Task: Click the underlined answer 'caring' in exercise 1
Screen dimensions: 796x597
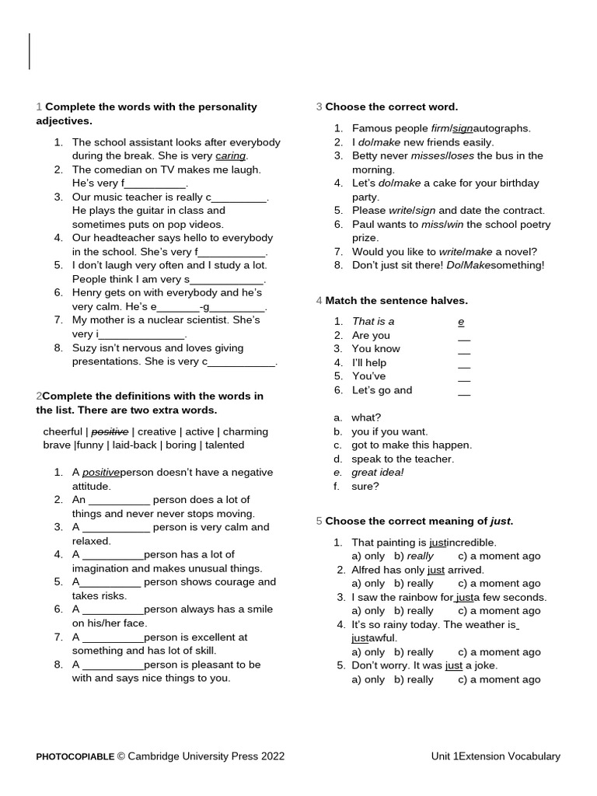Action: point(231,155)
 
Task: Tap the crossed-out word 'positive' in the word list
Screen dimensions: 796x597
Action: point(110,431)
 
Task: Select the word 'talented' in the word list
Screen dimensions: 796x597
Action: point(224,445)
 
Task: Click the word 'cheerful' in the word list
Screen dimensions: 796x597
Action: point(62,431)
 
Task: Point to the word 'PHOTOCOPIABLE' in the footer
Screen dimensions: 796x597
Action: point(75,756)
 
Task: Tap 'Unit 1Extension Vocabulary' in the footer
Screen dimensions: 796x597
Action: point(496,756)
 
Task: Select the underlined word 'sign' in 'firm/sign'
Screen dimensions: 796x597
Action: point(463,128)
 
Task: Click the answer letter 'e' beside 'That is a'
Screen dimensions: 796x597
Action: point(461,322)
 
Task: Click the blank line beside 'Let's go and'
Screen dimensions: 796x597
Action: point(464,391)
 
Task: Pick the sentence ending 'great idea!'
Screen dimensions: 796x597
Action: point(378,473)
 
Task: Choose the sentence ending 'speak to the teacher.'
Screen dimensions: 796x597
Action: point(403,459)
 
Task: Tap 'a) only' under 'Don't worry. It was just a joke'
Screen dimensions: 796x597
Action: point(368,679)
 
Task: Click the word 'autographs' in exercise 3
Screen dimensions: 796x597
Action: point(502,128)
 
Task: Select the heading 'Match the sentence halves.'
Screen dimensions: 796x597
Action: point(396,300)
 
